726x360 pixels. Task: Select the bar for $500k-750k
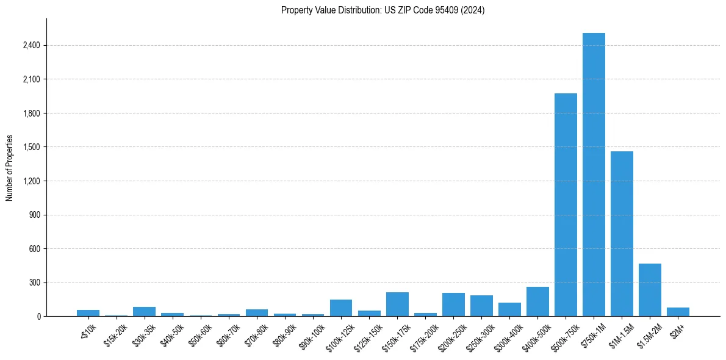(x=566, y=205)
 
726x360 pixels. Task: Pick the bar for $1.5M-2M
(x=650, y=290)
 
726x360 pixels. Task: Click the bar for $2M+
(x=678, y=312)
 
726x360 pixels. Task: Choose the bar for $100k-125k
(x=341, y=308)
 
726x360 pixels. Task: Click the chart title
(x=383, y=10)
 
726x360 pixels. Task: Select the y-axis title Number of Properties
(x=10, y=167)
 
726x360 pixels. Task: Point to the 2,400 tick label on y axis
(x=31, y=45)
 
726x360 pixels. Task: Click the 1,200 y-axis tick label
(x=31, y=181)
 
